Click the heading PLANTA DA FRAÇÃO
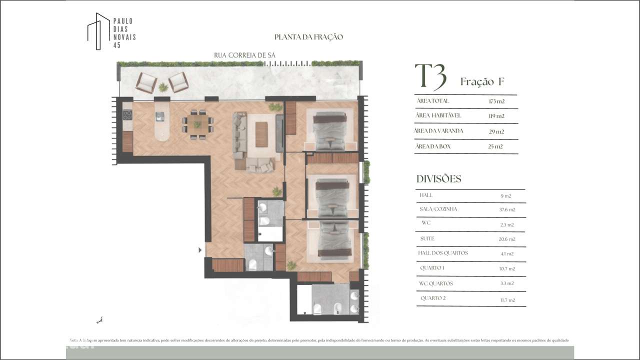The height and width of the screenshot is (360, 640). click(x=308, y=37)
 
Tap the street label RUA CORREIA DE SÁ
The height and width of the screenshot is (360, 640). click(x=244, y=55)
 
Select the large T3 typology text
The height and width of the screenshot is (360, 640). click(x=431, y=76)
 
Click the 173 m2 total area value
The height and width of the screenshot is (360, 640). click(x=496, y=101)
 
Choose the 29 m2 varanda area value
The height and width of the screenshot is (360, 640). click(x=496, y=131)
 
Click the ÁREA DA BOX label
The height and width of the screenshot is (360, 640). click(x=433, y=146)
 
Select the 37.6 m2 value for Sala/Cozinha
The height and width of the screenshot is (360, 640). click(x=507, y=210)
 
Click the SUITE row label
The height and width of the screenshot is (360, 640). click(x=427, y=238)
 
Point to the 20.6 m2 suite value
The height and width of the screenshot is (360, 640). click(x=507, y=239)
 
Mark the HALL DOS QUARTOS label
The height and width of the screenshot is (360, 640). click(x=443, y=253)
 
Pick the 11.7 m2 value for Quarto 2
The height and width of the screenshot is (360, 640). click(x=507, y=300)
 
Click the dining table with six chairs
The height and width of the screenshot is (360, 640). click(x=197, y=124)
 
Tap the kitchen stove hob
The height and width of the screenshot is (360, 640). click(x=127, y=115)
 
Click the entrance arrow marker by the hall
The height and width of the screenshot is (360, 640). click(x=200, y=250)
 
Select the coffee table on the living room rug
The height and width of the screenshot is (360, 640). click(x=261, y=134)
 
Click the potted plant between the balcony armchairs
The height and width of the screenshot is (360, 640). click(x=163, y=87)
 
